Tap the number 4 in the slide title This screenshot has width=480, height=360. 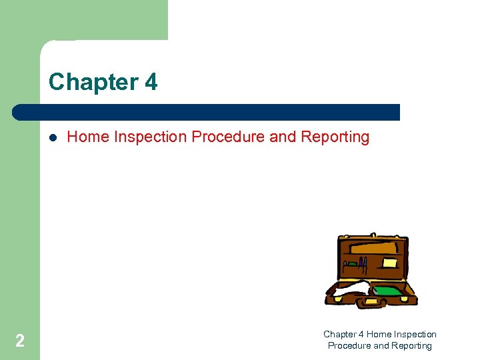tap(151, 82)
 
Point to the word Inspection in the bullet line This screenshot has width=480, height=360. tap(150, 137)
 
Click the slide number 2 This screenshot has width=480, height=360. tap(20, 341)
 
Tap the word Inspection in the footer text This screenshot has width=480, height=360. tap(416, 334)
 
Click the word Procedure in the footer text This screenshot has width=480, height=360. tap(349, 346)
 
